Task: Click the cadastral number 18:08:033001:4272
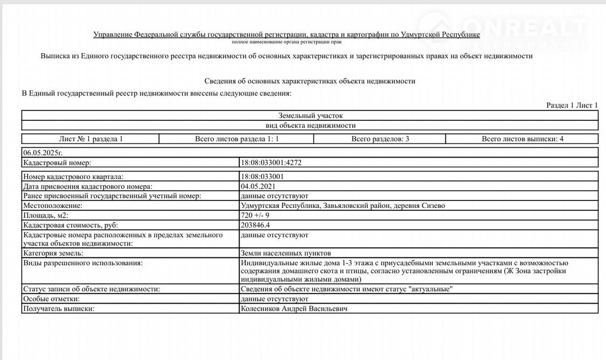tap(271, 163)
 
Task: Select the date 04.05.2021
tap(258, 186)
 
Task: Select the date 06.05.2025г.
tap(43, 153)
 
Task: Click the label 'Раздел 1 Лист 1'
tap(572, 105)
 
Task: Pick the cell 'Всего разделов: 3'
tap(380, 139)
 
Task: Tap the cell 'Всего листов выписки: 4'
tap(522, 139)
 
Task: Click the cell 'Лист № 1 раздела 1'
tap(91, 139)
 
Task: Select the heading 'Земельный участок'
tap(311, 116)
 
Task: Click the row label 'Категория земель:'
tap(54, 253)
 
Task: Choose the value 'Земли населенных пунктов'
tap(286, 253)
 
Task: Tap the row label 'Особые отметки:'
tap(51, 299)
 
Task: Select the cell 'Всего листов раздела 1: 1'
tap(237, 139)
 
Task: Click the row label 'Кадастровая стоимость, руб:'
tap(71, 225)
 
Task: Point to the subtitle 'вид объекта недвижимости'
tap(311, 126)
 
